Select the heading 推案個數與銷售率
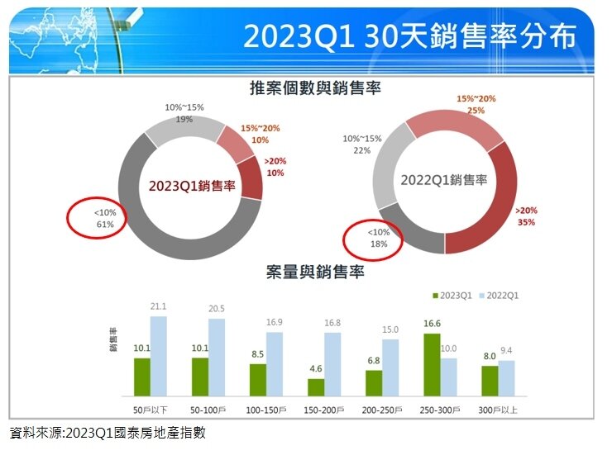coord(314,88)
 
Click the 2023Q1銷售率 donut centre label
coord(192,187)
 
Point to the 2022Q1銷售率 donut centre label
coord(444,179)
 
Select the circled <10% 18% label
coord(372,239)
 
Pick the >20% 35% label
coord(526,216)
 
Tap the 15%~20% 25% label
coord(476,104)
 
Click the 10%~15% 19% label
coord(184,113)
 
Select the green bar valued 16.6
coord(431,364)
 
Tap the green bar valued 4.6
coord(315,386)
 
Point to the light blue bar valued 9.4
coord(506,377)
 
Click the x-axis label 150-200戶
coord(323,409)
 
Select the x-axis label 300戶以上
coord(497,409)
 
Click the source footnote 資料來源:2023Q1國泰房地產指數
coord(108,433)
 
